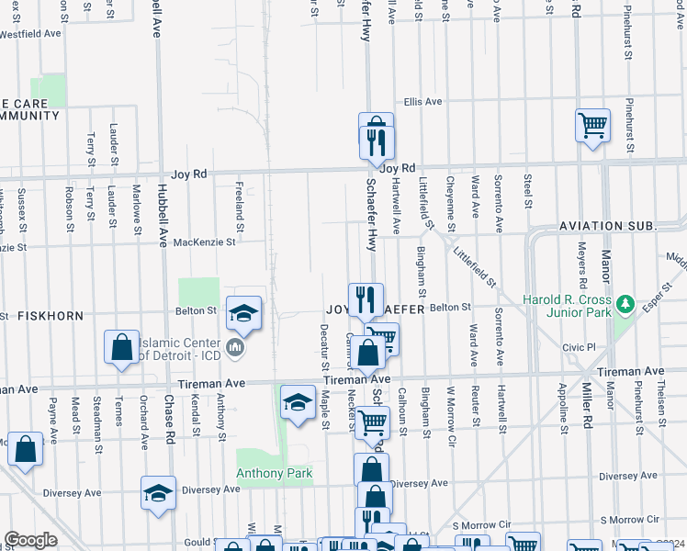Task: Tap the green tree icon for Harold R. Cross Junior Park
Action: tap(625, 302)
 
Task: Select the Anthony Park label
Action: tap(274, 474)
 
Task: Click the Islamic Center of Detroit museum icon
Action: tap(235, 348)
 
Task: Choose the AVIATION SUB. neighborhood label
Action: tap(607, 226)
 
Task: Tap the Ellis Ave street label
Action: tap(422, 102)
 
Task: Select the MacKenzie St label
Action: tap(205, 242)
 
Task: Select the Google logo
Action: tap(30, 540)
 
